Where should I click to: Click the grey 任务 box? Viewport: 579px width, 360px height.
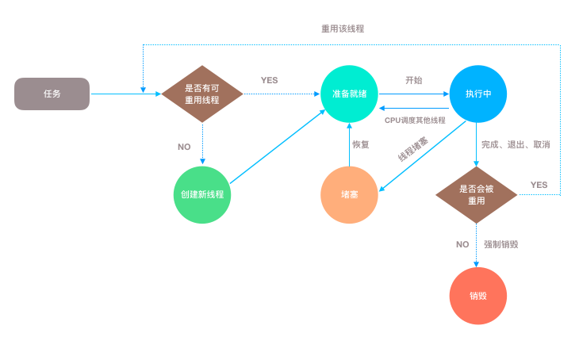pos(52,94)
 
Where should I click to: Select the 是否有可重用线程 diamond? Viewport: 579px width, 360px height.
pos(202,94)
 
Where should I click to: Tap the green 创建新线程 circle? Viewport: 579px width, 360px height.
pos(202,195)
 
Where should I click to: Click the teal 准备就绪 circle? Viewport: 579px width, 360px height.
pos(350,94)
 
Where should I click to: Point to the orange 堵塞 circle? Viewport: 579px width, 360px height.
pos(350,195)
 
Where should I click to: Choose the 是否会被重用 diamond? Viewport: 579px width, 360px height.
pos(477,194)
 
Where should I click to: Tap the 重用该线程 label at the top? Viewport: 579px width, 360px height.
pos(343,29)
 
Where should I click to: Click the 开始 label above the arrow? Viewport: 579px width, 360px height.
pos(414,80)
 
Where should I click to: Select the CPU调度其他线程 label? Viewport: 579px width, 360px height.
pos(415,120)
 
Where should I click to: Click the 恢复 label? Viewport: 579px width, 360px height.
pos(361,144)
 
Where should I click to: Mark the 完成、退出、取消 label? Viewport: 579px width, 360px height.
pos(516,145)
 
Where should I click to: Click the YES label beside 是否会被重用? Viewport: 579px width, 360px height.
pos(539,185)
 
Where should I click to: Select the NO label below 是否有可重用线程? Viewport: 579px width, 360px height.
pos(184,147)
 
